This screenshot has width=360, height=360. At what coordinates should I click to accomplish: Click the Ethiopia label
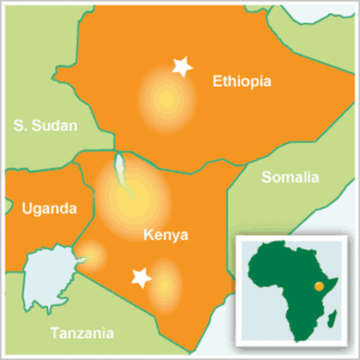coord(241,81)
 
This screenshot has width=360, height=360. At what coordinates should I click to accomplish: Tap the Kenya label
coord(164,236)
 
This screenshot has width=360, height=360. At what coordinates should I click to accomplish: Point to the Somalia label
coord(289,178)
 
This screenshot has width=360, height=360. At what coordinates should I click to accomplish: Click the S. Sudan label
coord(45,126)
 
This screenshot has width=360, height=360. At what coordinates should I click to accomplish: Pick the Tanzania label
coord(82,333)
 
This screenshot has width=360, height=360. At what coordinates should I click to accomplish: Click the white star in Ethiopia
coord(181,67)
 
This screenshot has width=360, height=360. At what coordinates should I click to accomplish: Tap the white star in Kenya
coord(140,278)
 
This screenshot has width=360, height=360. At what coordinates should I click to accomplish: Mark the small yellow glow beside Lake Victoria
coord(93,256)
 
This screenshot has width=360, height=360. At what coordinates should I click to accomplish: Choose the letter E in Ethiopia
coord(217,81)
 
